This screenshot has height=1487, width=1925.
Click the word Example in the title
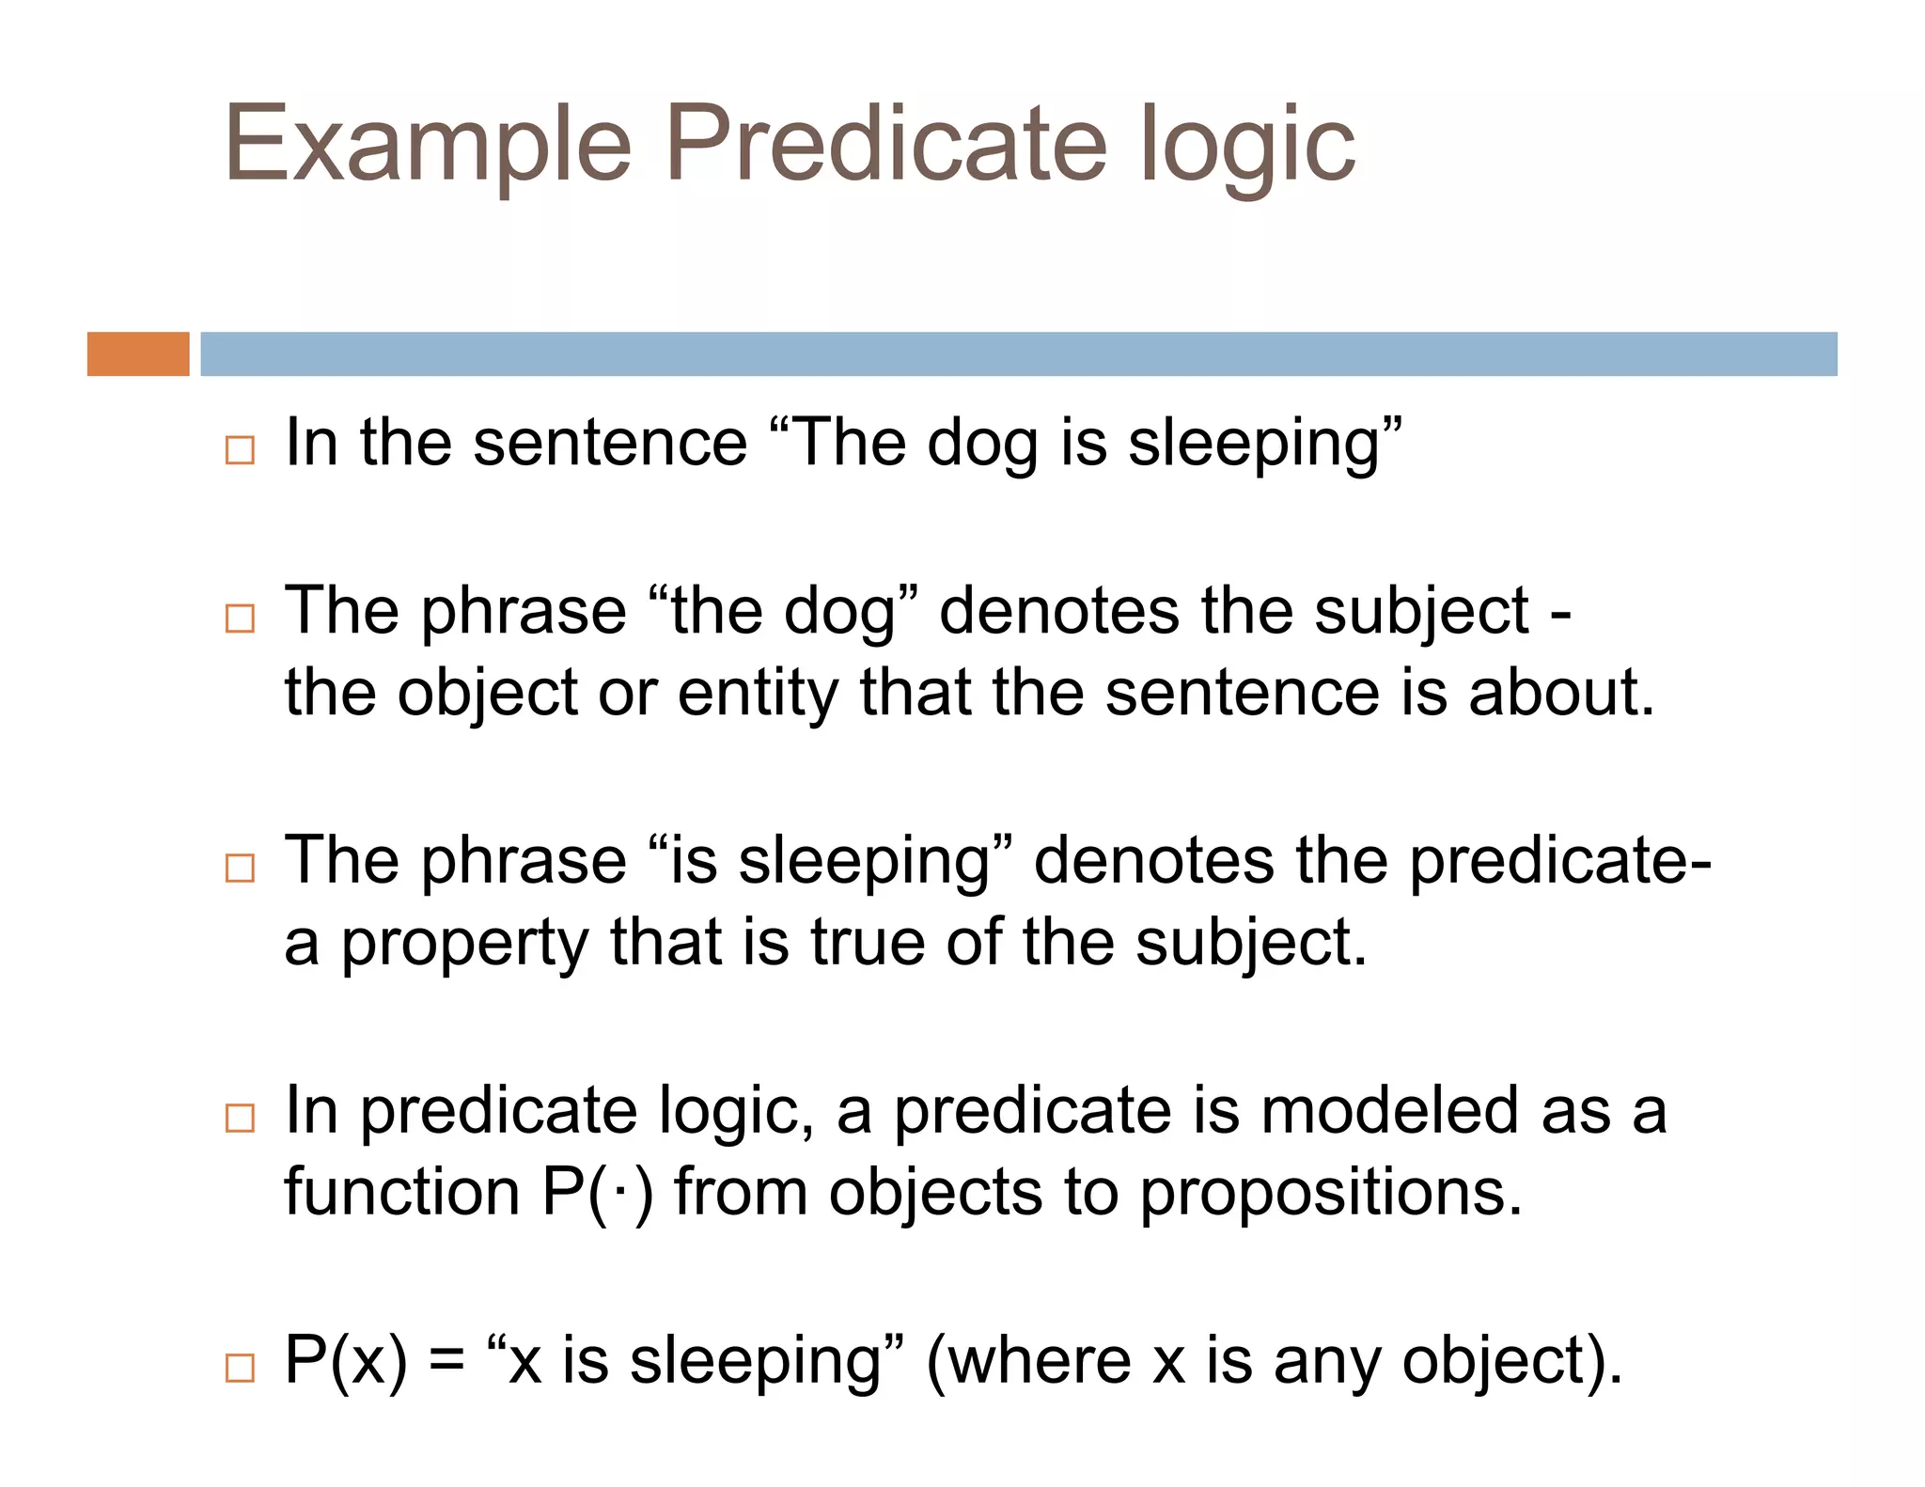(x=428, y=146)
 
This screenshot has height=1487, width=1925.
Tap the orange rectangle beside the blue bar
(x=138, y=354)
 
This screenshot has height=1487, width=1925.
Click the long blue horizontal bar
(x=1018, y=354)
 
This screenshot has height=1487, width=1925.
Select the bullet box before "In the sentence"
(x=240, y=450)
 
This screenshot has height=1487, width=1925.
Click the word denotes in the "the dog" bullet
(x=1058, y=611)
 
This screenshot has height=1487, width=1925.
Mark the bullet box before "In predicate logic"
(x=240, y=1118)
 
